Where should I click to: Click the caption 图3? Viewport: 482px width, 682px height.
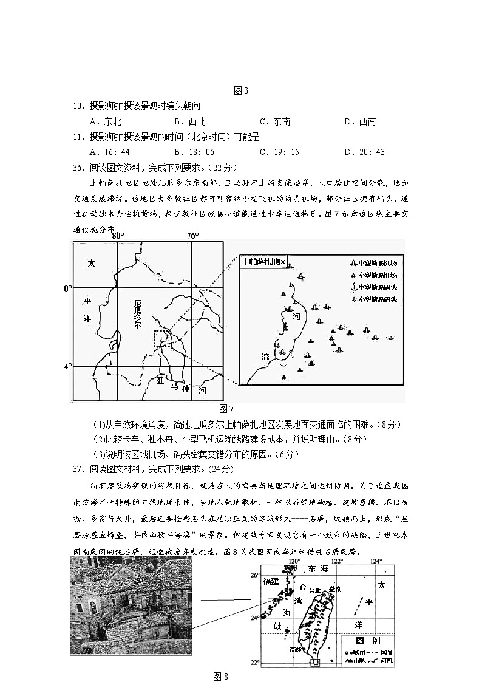[x=241, y=91]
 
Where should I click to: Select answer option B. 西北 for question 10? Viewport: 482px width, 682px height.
[x=189, y=121]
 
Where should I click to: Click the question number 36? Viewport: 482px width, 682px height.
[x=78, y=167]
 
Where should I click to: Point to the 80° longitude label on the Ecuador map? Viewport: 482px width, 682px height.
[x=118, y=236]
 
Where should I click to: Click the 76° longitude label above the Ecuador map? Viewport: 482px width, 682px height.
[x=192, y=236]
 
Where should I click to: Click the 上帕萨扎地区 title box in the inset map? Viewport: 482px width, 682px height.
[x=263, y=262]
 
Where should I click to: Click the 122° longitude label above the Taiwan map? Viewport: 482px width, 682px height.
[x=337, y=561]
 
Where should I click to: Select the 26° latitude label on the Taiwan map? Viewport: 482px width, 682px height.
[x=256, y=575]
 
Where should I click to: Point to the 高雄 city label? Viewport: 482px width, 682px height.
[x=296, y=649]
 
